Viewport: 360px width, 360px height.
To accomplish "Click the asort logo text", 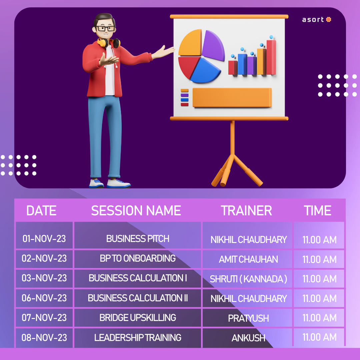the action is pos(313,20).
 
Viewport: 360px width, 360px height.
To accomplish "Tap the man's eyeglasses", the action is pos(105,28).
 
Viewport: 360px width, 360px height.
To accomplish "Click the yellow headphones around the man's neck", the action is pos(108,43).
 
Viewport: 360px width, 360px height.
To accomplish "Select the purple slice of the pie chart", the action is pos(213,45).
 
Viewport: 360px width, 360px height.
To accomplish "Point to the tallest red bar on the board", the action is pos(271,57).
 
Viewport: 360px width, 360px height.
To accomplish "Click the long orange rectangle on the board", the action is pos(232,98).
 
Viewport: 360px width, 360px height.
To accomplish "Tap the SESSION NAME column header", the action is pos(136,211).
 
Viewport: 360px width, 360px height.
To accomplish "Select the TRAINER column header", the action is pos(246,211).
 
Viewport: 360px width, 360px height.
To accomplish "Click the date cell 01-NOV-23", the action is pos(44,239).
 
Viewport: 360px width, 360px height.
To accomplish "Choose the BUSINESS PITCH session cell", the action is pos(138,239).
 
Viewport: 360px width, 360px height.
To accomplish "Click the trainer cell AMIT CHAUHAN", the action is pos(248,259).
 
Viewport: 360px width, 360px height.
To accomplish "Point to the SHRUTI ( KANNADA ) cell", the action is pos(248,279).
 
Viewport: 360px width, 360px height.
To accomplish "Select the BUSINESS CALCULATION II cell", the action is pos(138,298).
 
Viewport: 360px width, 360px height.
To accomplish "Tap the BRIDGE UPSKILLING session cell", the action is pos(138,318).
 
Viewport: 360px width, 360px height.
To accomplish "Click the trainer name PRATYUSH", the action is pos(248,318).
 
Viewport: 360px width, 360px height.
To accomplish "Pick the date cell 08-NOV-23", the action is pos(44,338).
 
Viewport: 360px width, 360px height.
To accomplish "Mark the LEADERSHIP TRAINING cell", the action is pos(138,338).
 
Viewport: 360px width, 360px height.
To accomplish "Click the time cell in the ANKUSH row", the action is pos(319,337).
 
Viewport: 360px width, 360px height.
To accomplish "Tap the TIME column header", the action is pos(318,211).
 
